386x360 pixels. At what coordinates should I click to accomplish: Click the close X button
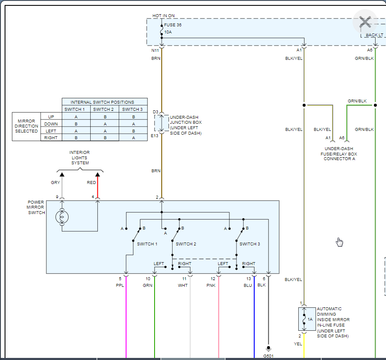[365, 22]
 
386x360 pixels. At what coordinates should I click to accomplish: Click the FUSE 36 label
[173, 25]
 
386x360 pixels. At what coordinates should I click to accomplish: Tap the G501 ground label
[268, 356]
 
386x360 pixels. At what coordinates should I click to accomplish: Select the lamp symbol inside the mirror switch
[62, 217]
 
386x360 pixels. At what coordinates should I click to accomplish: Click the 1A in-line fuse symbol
[304, 319]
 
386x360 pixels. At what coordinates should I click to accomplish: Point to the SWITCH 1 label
[147, 244]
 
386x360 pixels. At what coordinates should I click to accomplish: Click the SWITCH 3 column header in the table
[133, 110]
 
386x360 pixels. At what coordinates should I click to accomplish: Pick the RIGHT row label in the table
[51, 138]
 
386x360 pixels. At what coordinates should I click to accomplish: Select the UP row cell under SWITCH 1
[76, 117]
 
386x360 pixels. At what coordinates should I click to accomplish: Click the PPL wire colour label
[120, 286]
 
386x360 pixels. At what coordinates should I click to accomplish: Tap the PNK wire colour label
[211, 286]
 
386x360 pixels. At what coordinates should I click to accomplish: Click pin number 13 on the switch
[249, 279]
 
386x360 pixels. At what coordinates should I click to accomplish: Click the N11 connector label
[155, 50]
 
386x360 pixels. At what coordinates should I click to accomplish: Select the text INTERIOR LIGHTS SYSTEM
[79, 158]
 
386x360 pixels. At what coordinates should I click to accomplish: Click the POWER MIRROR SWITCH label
[36, 207]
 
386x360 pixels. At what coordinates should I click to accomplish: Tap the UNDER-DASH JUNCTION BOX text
[185, 125]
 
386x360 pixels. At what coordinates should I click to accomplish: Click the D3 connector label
[155, 112]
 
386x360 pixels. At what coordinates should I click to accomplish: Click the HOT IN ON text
[163, 16]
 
